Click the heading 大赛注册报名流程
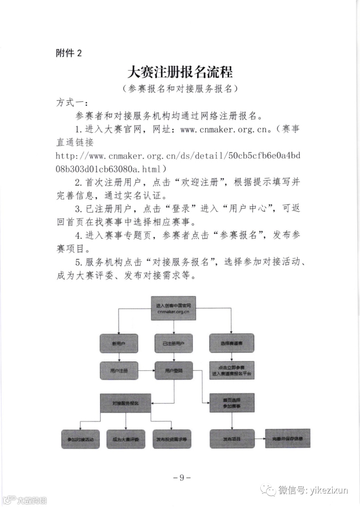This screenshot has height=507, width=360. (180, 72)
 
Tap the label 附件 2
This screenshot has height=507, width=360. (69, 53)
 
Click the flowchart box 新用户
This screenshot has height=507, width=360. (119, 343)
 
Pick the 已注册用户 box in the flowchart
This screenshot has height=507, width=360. (173, 343)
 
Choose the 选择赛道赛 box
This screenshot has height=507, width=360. (232, 343)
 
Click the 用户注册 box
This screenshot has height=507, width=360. (119, 370)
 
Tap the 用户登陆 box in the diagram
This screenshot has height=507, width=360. (173, 370)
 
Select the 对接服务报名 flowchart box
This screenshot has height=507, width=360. (125, 403)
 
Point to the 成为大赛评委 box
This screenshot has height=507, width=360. (125, 439)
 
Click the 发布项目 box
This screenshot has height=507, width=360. (232, 439)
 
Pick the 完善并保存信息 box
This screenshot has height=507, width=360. (287, 438)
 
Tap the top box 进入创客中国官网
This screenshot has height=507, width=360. (173, 308)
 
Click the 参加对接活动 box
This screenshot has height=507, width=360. (80, 439)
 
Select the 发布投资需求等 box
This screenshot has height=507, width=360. (171, 439)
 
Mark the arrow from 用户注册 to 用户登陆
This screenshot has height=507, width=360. (146, 370)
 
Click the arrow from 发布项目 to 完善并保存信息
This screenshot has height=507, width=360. (260, 439)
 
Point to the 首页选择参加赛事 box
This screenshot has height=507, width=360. (232, 403)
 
